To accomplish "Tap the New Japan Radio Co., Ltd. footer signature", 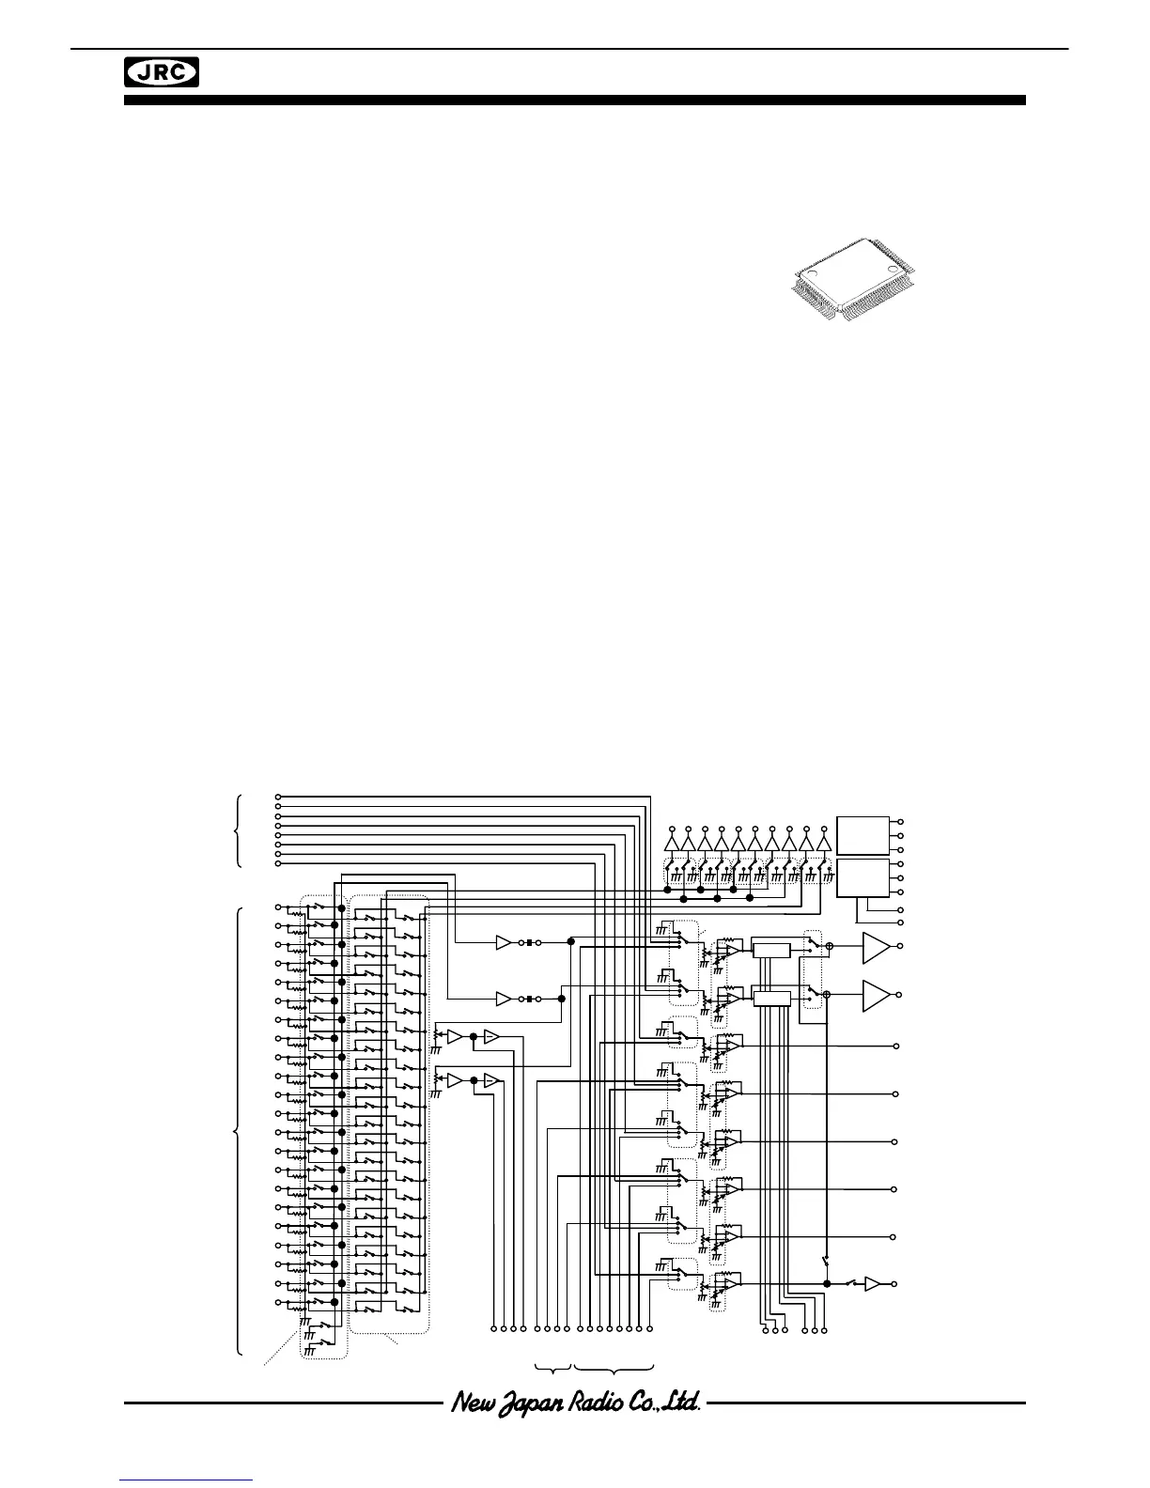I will [x=575, y=1403].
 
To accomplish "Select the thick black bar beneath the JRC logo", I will [x=575, y=100].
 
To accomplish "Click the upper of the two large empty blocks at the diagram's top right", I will [x=863, y=835].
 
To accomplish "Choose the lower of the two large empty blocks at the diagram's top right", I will [x=863, y=877].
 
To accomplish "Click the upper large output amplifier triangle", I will [x=875, y=948].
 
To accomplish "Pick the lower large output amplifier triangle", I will [x=875, y=995].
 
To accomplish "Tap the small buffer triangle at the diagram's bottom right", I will [x=873, y=1283].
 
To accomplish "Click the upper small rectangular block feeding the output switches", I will [x=771, y=951].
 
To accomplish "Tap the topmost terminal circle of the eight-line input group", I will [x=277, y=798].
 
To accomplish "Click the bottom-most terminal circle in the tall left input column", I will [x=277, y=1303].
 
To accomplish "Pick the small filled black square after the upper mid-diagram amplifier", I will [x=529, y=941].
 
